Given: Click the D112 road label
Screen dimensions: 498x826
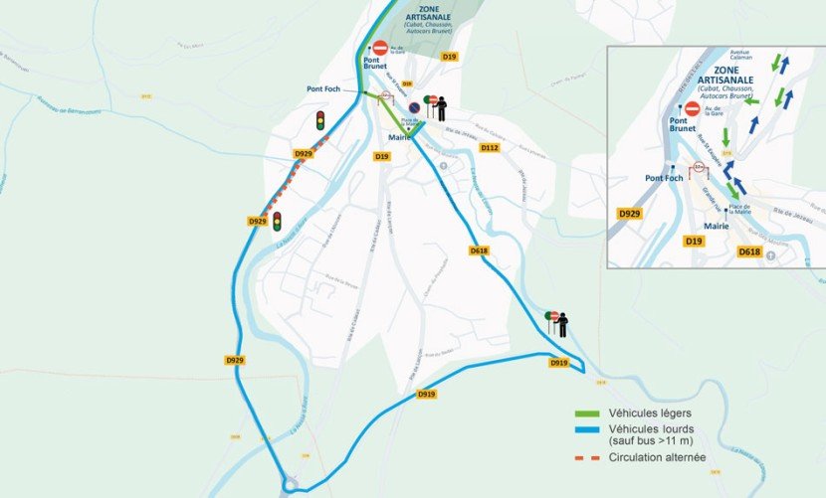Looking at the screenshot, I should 489,148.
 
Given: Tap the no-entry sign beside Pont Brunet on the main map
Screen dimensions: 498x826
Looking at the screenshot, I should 379,47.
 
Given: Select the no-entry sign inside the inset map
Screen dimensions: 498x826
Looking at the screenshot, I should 692,108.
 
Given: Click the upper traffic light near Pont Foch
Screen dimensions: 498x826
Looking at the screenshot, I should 320,120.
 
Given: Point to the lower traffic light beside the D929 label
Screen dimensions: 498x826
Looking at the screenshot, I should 278,221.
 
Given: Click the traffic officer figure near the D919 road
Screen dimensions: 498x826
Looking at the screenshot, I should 562,324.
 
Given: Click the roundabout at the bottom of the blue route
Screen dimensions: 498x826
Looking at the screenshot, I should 291,485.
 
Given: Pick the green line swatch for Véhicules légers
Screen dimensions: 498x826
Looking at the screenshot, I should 590,414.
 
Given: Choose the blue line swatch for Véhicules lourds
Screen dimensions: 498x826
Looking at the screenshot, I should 590,430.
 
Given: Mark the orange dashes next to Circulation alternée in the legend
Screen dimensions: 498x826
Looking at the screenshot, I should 590,459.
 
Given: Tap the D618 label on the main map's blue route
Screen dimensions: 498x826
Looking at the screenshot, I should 479,251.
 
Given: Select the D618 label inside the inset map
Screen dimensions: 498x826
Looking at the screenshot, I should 749,253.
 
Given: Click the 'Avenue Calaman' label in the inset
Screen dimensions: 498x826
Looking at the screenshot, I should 739,57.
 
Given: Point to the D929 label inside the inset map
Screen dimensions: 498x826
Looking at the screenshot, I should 629,214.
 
